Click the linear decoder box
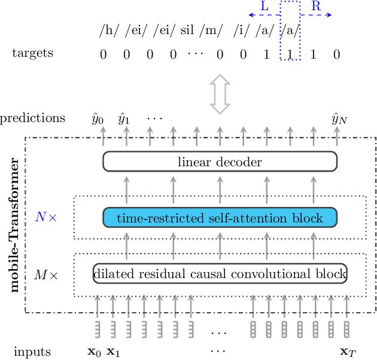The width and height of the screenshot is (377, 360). point(220,161)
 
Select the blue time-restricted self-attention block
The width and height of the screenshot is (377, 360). point(220,218)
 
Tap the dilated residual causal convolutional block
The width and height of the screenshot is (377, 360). point(220,274)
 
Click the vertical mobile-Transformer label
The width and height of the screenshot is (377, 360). point(15,224)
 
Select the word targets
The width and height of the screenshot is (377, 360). point(33,53)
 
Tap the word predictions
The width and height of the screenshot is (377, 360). point(33,118)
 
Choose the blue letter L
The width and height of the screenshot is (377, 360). point(264,7)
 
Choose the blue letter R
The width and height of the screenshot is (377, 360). point(315,7)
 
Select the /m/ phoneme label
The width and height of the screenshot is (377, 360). point(213,30)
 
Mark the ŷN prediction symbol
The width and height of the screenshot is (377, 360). point(339,118)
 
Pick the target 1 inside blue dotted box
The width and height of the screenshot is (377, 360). point(290,54)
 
